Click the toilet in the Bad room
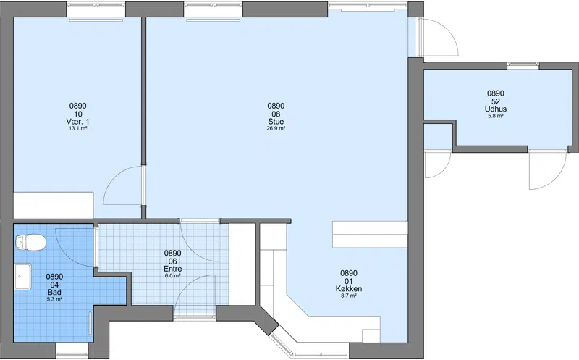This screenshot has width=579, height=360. [x=30, y=243]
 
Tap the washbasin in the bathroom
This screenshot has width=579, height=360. [x=23, y=277]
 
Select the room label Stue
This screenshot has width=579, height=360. [x=276, y=122]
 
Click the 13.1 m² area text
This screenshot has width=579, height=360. [x=78, y=129]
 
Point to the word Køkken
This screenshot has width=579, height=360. [x=349, y=289]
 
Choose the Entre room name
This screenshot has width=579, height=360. [x=172, y=269]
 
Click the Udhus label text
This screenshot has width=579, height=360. [x=496, y=109]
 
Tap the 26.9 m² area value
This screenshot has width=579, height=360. [x=276, y=129]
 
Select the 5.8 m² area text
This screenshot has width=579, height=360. [x=496, y=116]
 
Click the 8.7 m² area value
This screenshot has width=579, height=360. [x=349, y=296]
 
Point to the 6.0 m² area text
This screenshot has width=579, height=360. [x=172, y=276]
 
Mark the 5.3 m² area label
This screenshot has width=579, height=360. [x=54, y=299]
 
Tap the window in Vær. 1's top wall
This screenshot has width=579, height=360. [x=96, y=9]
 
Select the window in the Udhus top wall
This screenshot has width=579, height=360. [x=523, y=66]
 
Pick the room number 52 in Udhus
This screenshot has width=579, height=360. [x=496, y=101]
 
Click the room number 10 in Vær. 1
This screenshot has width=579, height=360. [x=78, y=114]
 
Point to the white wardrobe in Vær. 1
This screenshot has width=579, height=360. [x=53, y=205]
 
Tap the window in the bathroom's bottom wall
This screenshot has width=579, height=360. [x=72, y=351]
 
